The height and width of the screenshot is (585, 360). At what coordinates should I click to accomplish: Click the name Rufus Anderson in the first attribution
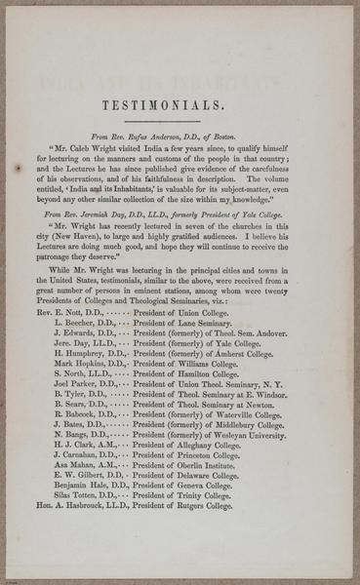pos(156,139)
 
